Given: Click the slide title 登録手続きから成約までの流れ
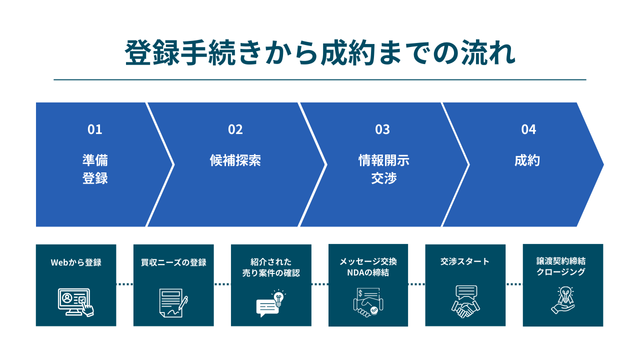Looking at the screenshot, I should pos(320,50).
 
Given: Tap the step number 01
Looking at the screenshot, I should pos(95,129).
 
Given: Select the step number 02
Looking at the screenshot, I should pos(235,129).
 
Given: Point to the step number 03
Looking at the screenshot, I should pos(383,129).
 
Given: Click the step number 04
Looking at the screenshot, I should pos(528,129).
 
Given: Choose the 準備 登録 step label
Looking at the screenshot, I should pos(95,170).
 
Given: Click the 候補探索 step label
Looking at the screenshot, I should pos(235,160).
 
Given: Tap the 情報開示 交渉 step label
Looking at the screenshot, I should pos(383,170).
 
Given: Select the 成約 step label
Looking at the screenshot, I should pos(528,160).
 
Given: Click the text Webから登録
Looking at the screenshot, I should pos(76,262).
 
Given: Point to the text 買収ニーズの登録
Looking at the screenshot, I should pos(173,262).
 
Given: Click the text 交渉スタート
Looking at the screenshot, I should pos(465,262).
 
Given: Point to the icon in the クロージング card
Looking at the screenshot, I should pos(563,302).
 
